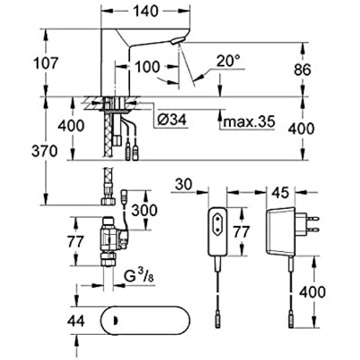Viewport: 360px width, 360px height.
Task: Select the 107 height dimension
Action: click(x=47, y=63)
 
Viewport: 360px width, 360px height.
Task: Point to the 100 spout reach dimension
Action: click(x=148, y=67)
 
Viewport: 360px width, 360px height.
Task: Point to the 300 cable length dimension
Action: click(x=145, y=210)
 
